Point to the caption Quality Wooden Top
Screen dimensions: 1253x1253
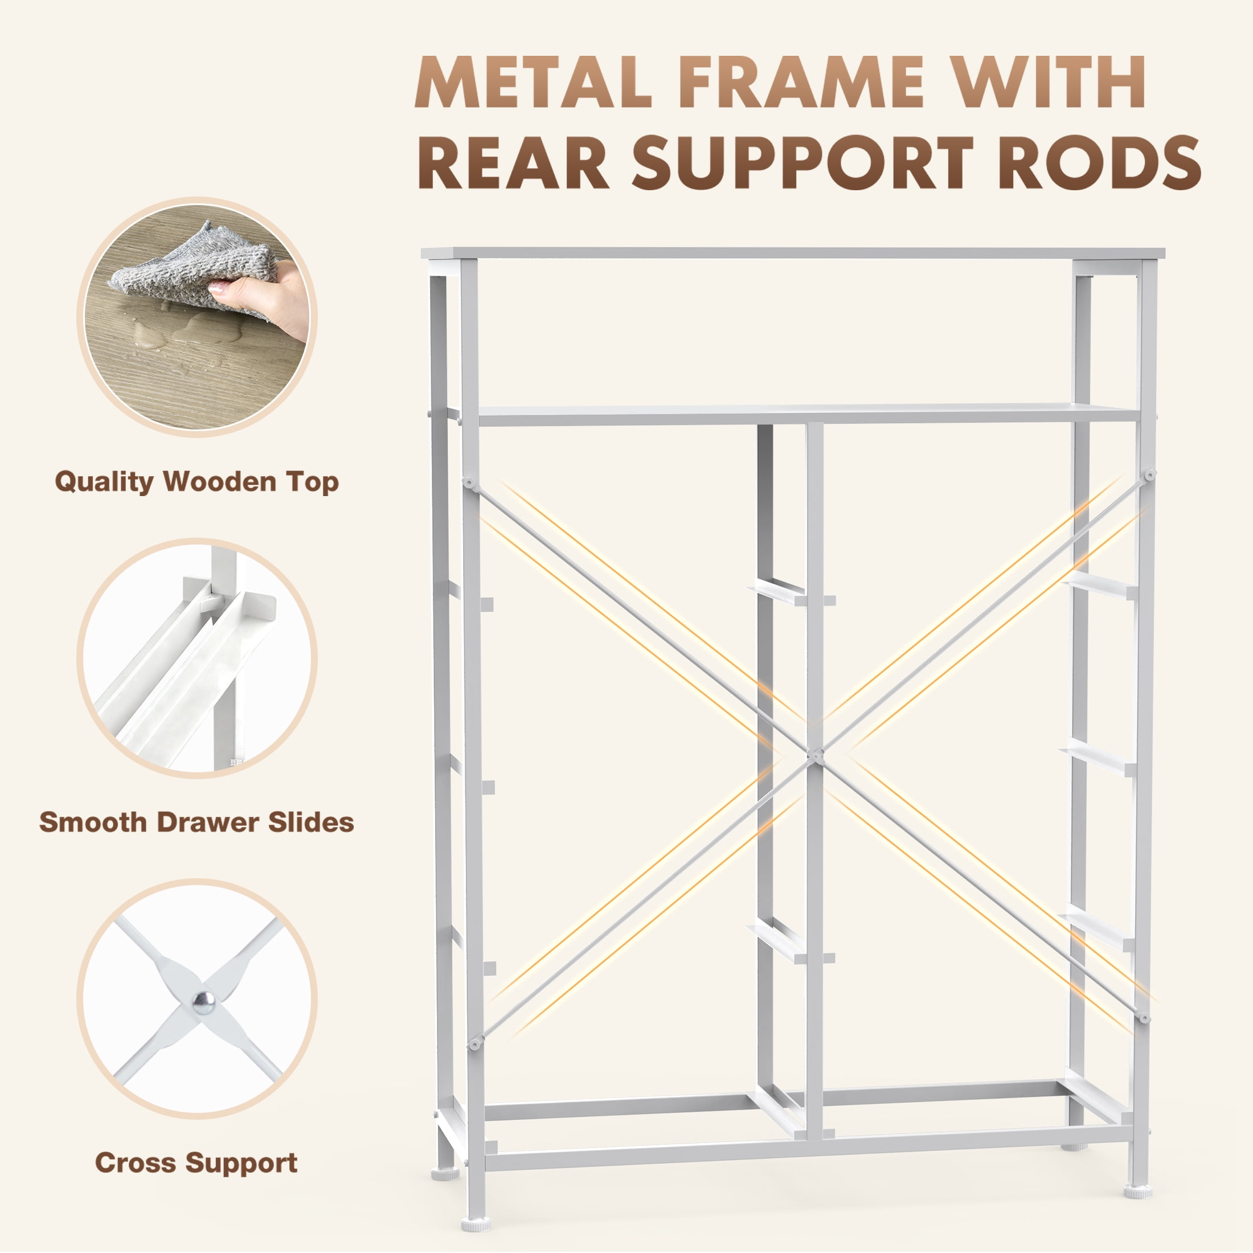click(x=196, y=482)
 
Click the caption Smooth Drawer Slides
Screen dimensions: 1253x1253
click(x=196, y=822)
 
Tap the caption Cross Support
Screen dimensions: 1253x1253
click(x=196, y=1163)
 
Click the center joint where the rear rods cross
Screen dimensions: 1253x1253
click(x=815, y=754)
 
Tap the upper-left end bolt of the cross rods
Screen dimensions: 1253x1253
click(x=468, y=482)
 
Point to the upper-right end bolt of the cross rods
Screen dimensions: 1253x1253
click(x=1150, y=476)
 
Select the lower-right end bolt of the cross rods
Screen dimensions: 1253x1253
click(x=1145, y=1018)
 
